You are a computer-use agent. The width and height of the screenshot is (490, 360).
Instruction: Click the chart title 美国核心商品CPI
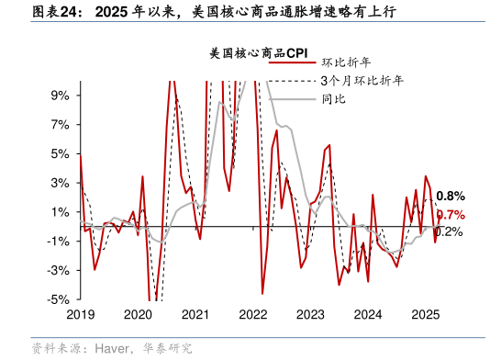pos(258,53)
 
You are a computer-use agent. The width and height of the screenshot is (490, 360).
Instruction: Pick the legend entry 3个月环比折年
pos(362,81)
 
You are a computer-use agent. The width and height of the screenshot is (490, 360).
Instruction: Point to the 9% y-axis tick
pos(61,95)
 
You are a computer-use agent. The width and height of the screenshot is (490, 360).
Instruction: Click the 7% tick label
pos(61,124)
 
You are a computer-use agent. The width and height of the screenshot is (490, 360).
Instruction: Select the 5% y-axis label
pos(61,153)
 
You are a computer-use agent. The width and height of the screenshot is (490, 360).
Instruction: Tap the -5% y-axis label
pos(59,299)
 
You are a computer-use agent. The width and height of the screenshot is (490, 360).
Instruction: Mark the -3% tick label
pos(59,270)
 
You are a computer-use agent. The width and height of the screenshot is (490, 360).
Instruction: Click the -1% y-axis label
pos(59,241)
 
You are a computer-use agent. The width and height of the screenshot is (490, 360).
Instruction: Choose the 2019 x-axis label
pos(80,313)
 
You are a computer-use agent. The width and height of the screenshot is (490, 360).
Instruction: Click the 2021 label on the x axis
pos(195,313)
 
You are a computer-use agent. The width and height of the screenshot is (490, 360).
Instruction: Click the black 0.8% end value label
pos(450,197)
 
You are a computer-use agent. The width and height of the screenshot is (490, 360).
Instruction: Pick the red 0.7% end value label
pos(450,215)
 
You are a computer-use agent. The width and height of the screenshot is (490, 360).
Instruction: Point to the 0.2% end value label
pos(448,231)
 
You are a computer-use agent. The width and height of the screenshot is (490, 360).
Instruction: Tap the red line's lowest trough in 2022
pos(262,294)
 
